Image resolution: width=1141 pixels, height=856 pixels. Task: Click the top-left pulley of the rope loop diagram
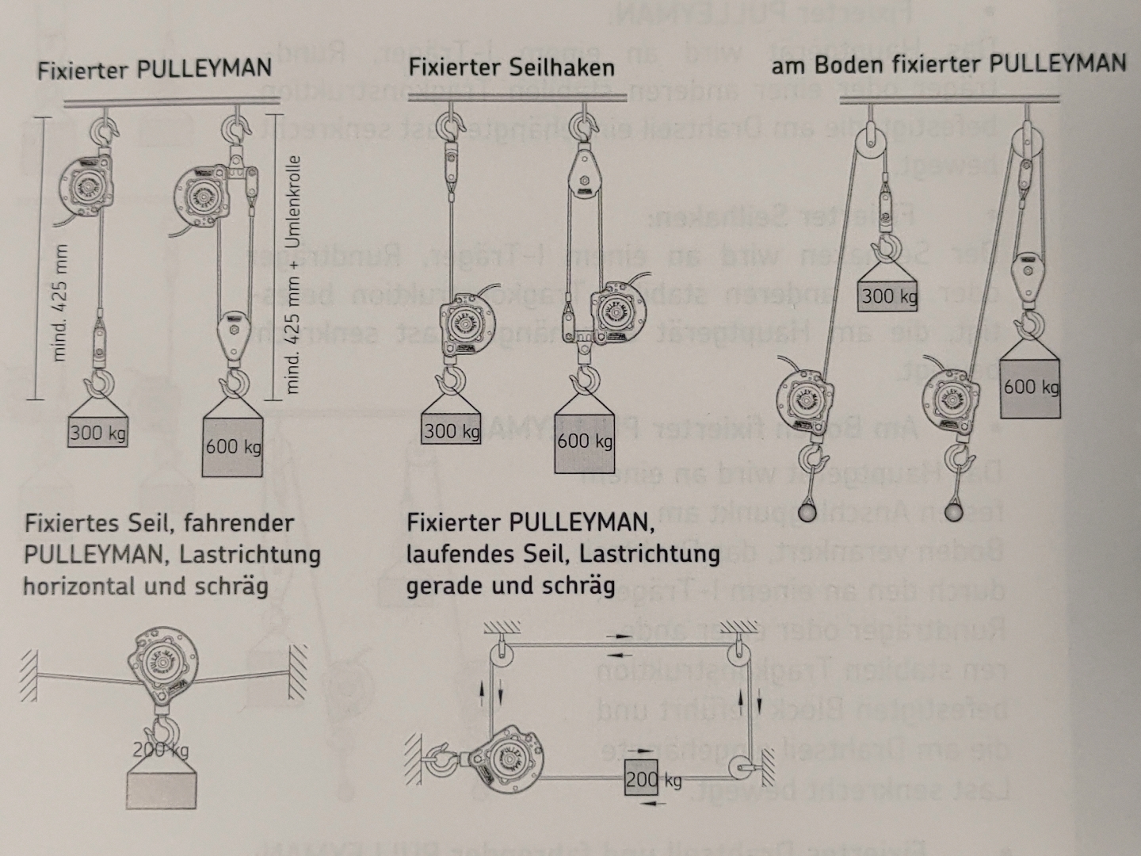click(x=499, y=655)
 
